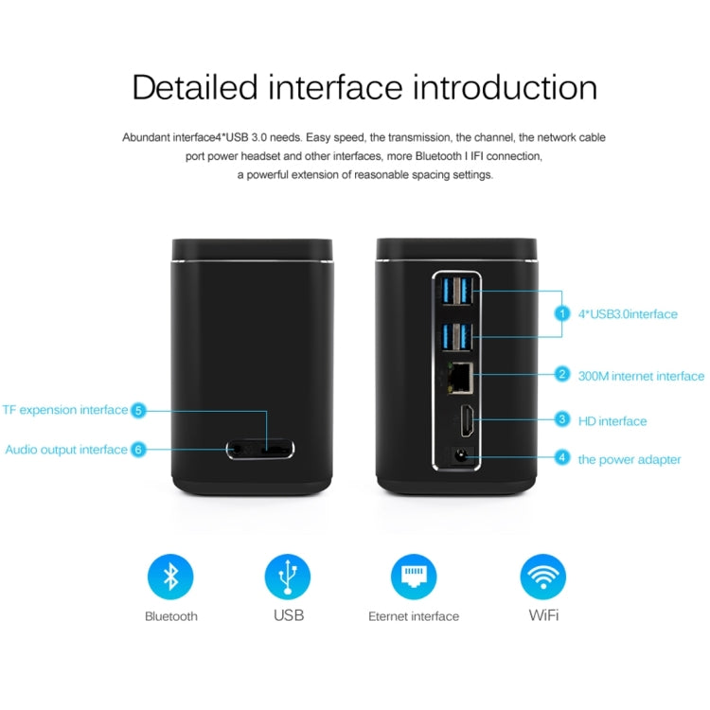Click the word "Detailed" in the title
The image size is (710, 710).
click(x=195, y=87)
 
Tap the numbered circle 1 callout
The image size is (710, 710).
click(x=561, y=313)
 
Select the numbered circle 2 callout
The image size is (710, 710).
click(x=561, y=375)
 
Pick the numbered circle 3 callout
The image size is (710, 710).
click(x=561, y=419)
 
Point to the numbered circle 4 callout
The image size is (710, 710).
click(x=561, y=458)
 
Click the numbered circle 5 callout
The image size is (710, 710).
click(x=138, y=410)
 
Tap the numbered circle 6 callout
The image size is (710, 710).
click(x=138, y=449)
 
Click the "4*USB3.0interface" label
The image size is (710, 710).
click(x=628, y=314)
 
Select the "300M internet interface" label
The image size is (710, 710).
click(x=641, y=376)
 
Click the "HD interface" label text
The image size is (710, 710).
click(x=612, y=420)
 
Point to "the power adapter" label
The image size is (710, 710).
click(x=630, y=459)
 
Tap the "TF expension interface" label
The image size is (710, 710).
click(x=64, y=410)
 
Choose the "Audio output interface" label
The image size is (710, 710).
click(x=65, y=450)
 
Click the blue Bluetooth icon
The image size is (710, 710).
click(x=170, y=577)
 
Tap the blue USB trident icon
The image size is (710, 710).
click(x=288, y=577)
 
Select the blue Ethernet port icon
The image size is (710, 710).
click(x=414, y=577)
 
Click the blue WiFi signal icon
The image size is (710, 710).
click(x=543, y=577)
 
